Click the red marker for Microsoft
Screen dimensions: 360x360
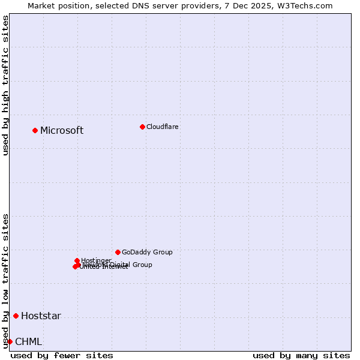click(x=35, y=130)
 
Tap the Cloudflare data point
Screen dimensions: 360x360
click(x=142, y=127)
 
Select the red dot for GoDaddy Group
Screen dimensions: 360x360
click(x=118, y=252)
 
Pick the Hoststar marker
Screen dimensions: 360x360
click(x=16, y=316)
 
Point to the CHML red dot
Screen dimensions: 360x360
click(x=10, y=341)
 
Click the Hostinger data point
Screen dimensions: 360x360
click(x=77, y=260)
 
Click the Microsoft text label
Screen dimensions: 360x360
click(x=62, y=131)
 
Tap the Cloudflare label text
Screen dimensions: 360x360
click(x=163, y=127)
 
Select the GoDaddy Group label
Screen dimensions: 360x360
click(x=147, y=252)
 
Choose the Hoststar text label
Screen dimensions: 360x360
click(x=41, y=316)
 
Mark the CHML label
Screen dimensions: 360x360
click(x=28, y=342)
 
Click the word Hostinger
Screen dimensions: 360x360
click(x=96, y=260)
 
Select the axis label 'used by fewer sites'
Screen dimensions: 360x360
click(x=62, y=355)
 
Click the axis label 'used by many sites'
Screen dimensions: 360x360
click(x=301, y=355)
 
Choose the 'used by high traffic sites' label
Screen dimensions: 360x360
click(x=5, y=85)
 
